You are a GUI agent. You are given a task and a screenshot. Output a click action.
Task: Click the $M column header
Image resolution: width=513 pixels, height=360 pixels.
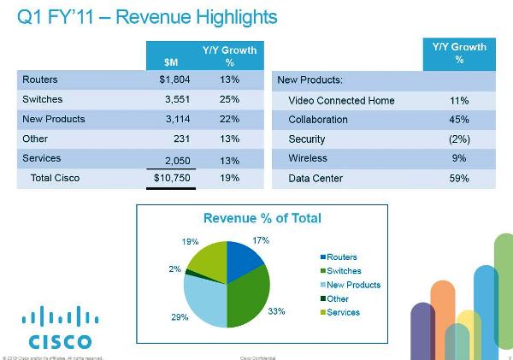pos(172,62)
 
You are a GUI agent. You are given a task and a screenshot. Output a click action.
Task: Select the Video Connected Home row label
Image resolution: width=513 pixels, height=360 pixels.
pos(341,100)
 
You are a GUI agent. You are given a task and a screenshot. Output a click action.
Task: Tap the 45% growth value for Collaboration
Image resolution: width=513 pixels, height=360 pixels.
pos(458,120)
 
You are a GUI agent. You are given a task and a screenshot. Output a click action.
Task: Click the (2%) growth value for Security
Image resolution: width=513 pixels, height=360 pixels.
pos(458,139)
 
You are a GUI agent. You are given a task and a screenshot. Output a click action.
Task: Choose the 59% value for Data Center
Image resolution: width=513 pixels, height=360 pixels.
pos(458,178)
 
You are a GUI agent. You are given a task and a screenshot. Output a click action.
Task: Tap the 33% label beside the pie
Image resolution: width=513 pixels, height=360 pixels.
pos(277,312)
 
